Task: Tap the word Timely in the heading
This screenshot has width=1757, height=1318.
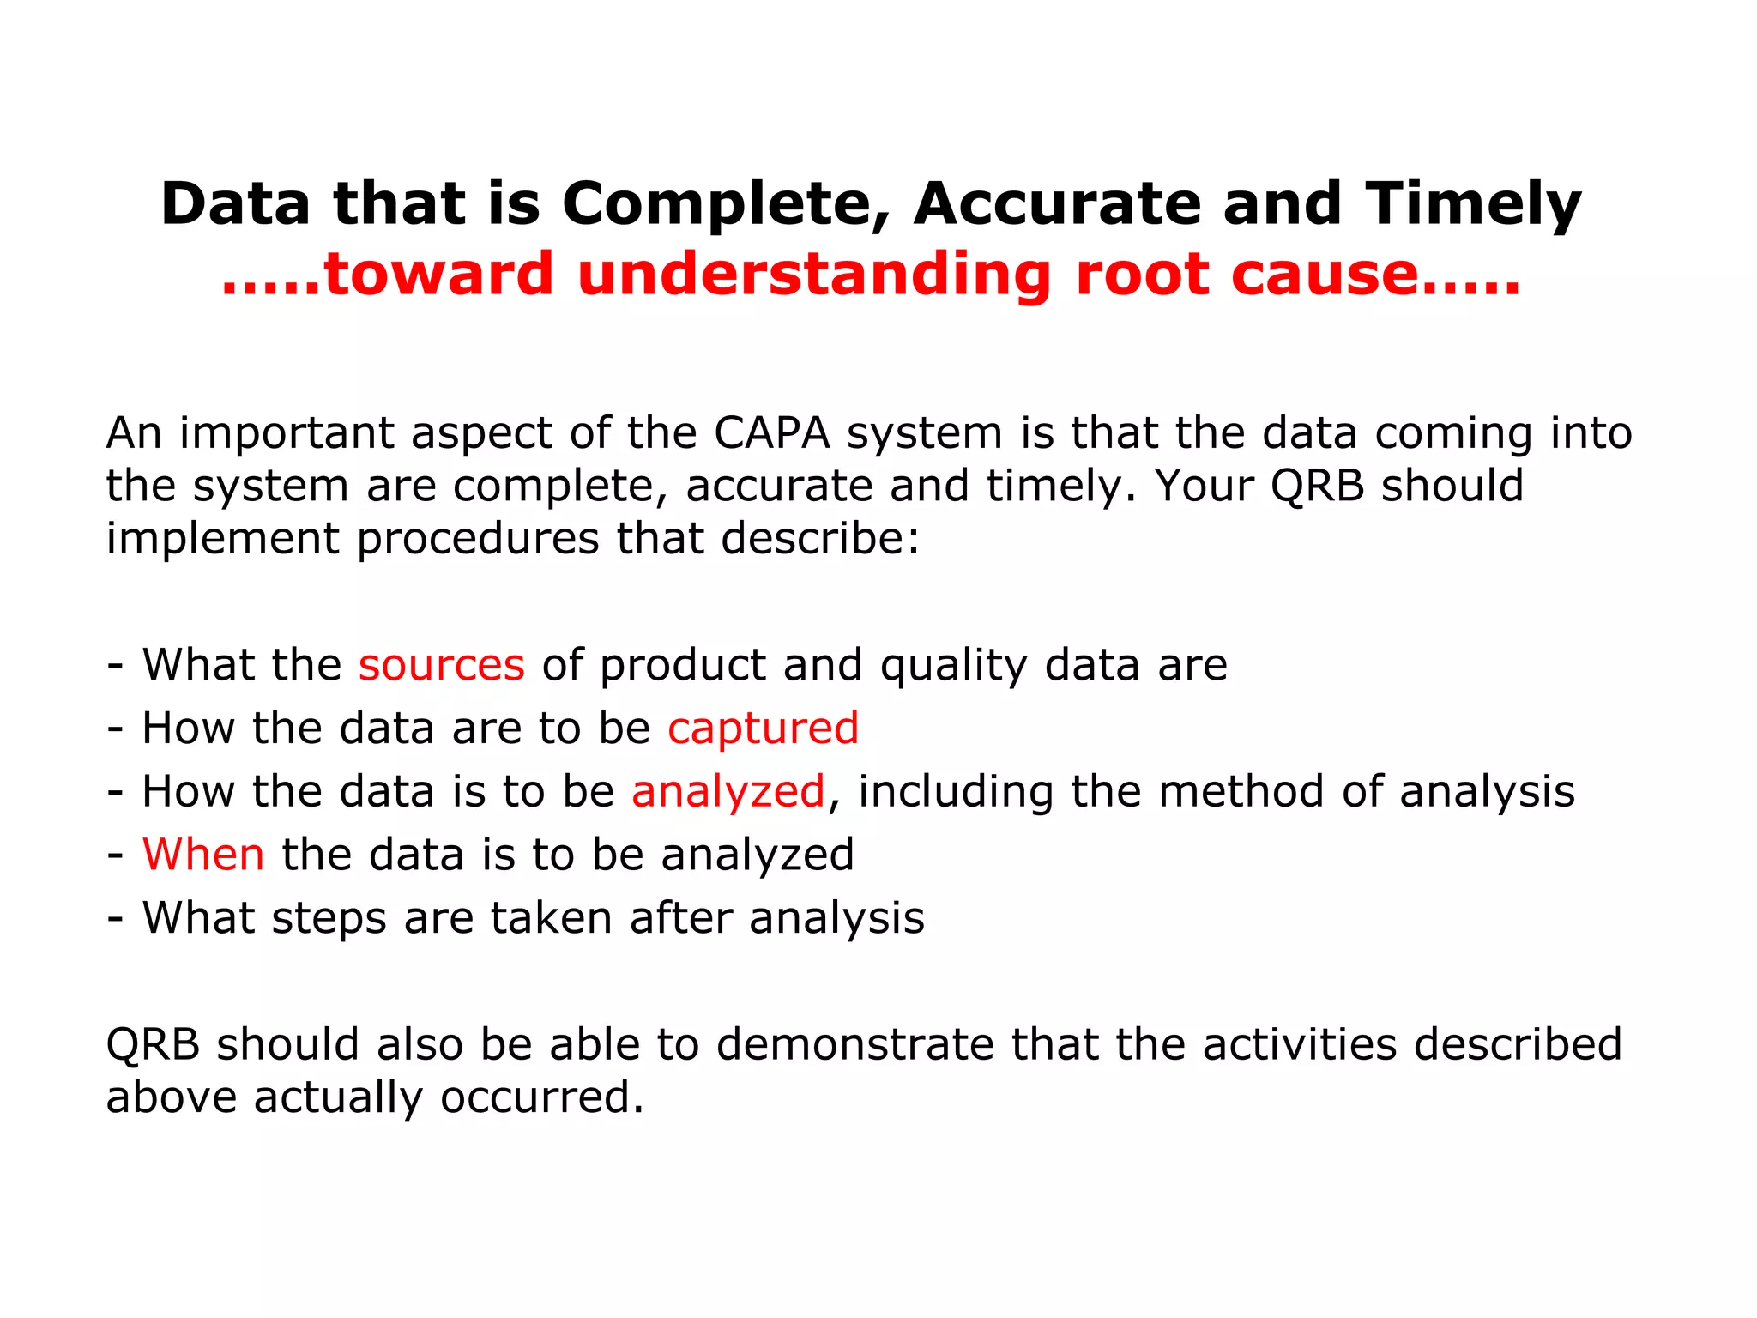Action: click(x=1473, y=204)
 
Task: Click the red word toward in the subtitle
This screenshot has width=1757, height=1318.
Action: click(x=438, y=275)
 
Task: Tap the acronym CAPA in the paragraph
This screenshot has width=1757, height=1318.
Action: click(x=771, y=432)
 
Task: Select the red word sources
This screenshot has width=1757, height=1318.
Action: click(x=441, y=665)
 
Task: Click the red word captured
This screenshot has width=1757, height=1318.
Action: click(x=763, y=729)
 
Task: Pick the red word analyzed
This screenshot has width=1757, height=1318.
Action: click(x=728, y=791)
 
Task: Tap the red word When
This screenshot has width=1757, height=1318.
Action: click(x=203, y=855)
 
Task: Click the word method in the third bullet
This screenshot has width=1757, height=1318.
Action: click(x=1241, y=791)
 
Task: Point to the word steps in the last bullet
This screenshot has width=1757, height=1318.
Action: click(x=329, y=918)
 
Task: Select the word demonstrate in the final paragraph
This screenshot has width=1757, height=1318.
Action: click(x=854, y=1044)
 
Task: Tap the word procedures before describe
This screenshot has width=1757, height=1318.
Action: click(x=478, y=539)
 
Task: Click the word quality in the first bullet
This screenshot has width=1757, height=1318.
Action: click(x=953, y=665)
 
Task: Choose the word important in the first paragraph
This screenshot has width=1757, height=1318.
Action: click(x=287, y=432)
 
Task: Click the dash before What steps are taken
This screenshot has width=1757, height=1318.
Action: click(x=115, y=918)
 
